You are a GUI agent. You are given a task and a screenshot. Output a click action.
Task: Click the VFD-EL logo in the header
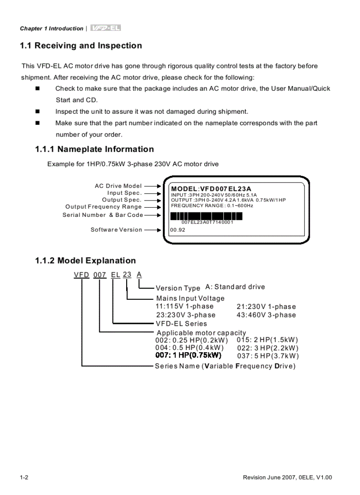click(105, 28)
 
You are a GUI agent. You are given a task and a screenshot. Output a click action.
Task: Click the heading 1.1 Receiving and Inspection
click(81, 46)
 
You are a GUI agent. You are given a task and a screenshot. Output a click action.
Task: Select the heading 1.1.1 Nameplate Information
click(94, 149)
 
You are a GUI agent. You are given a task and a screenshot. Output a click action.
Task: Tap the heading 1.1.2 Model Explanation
click(86, 261)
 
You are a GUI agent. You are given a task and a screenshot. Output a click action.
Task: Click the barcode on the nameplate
click(206, 216)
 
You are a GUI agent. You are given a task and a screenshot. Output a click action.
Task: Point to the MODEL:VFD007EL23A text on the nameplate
click(211, 189)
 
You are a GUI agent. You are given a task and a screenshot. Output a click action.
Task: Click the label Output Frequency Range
click(104, 207)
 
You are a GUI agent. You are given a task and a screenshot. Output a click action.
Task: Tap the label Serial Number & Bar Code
click(103, 215)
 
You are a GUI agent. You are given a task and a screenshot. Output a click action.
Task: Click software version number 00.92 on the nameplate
click(177, 230)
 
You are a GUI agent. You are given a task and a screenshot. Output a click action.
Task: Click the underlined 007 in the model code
click(100, 275)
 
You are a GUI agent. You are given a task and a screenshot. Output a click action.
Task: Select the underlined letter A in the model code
click(139, 275)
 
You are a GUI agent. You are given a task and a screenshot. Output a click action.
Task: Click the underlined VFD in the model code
click(82, 275)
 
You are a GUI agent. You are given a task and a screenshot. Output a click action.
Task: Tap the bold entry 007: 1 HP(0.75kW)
click(188, 355)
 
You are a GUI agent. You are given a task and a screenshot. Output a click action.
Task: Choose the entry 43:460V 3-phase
click(266, 315)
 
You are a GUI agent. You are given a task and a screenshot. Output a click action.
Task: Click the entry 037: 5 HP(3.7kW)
click(268, 356)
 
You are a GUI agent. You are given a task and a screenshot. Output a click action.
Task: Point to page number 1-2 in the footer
click(24, 478)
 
